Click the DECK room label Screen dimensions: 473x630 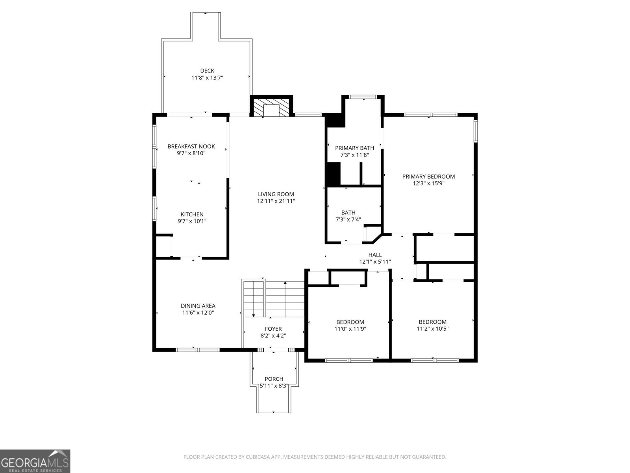(x=207, y=71)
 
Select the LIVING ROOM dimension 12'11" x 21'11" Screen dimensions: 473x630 (x=276, y=201)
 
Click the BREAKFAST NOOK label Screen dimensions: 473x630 (x=191, y=146)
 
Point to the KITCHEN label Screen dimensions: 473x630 (x=192, y=214)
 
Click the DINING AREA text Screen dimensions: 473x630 (x=198, y=305)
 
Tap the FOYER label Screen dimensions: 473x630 (x=273, y=329)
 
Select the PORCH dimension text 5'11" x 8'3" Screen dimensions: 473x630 (x=274, y=386)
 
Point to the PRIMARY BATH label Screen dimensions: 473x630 (x=354, y=148)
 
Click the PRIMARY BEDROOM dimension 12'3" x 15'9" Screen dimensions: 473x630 (x=428, y=183)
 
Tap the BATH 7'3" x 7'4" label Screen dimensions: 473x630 (x=348, y=216)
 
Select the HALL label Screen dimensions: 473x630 (x=375, y=255)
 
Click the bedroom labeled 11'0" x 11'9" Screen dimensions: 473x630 (x=350, y=325)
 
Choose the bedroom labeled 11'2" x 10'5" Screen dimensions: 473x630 (x=433, y=325)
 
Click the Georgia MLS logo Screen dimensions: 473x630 (x=35, y=461)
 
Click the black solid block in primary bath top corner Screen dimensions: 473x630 (x=335, y=120)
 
